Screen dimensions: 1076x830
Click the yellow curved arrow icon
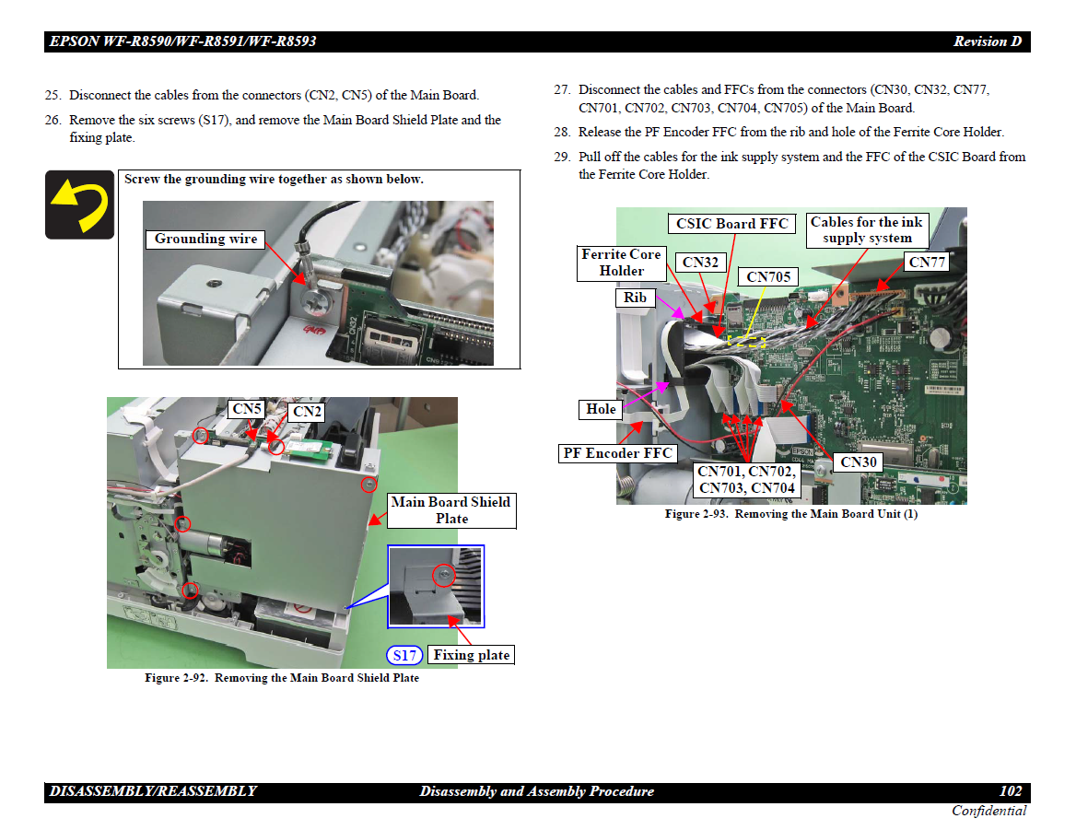coord(79,205)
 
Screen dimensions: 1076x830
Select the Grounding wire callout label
coord(205,239)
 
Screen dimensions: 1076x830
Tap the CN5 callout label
coord(247,409)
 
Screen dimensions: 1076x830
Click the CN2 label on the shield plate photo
coord(307,412)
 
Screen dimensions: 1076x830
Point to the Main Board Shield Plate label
coord(451,510)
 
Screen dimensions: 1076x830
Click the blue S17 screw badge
coord(404,655)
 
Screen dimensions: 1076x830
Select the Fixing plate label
coord(471,655)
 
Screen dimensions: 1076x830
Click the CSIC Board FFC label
coord(731,224)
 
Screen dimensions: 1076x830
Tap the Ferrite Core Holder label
coord(622,263)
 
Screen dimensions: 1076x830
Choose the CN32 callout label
coord(700,263)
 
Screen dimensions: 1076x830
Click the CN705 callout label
coord(768,277)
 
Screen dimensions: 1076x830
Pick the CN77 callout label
coord(927,262)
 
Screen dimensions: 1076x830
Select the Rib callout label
coord(635,298)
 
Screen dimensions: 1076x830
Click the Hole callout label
coord(601,410)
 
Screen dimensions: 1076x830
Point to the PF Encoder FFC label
coord(617,453)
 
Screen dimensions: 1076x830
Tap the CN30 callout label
coord(858,462)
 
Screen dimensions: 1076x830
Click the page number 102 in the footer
coord(1010,791)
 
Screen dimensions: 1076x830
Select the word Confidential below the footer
coord(988,811)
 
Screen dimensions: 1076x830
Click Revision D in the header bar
coord(988,41)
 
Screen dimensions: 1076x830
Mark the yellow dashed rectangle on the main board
coord(746,342)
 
